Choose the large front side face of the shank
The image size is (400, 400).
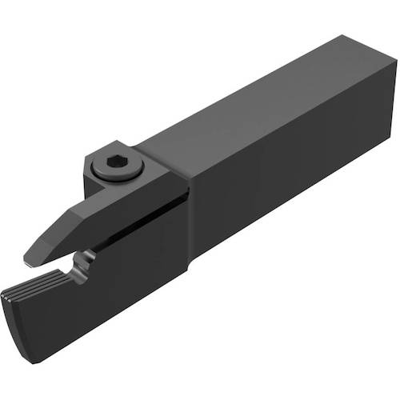[288, 184]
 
